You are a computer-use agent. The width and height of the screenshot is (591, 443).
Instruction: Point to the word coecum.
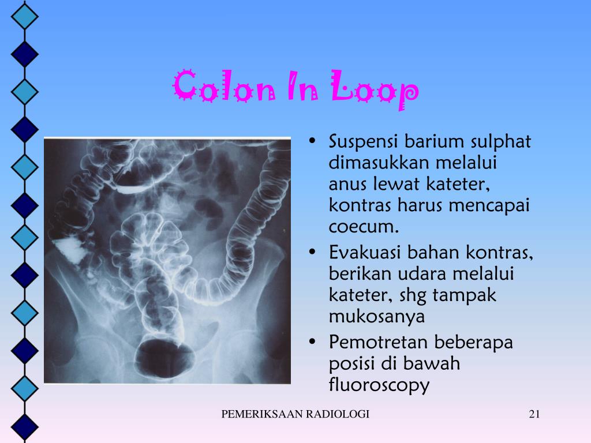(x=364, y=227)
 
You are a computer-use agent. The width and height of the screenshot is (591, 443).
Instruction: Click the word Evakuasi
(x=364, y=252)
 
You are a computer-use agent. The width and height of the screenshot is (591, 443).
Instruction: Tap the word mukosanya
(x=376, y=317)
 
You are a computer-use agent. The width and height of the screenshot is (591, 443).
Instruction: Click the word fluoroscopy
(x=379, y=385)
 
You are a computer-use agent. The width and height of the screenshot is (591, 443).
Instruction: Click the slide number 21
(x=534, y=414)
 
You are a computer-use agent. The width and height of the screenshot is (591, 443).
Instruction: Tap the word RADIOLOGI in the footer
(x=337, y=414)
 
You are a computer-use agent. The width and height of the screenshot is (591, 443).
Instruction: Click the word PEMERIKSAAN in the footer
(x=262, y=414)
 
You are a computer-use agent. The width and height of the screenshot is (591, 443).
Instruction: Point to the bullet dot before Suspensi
(x=312, y=142)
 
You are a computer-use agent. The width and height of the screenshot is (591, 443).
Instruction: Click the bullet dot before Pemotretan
(x=312, y=342)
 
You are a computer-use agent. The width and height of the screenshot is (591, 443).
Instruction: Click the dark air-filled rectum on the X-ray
(x=164, y=358)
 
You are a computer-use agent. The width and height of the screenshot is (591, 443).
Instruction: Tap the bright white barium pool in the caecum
(x=70, y=249)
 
